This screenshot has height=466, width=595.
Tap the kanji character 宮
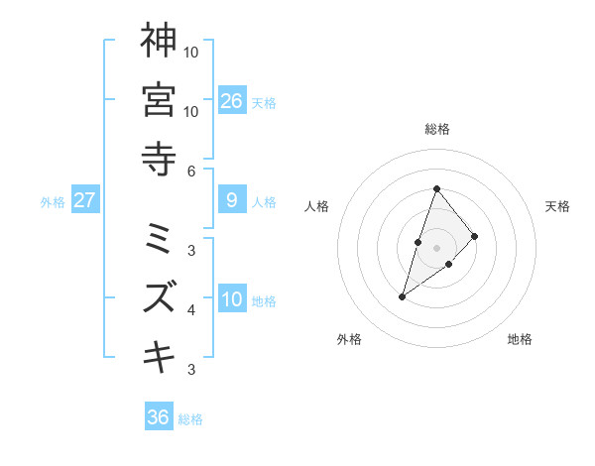click(x=159, y=99)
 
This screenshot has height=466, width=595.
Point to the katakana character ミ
click(x=159, y=238)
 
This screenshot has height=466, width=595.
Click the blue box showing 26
click(x=231, y=101)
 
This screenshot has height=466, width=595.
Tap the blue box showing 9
click(x=231, y=200)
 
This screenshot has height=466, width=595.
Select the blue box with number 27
click(x=85, y=200)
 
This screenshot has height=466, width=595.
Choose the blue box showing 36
click(x=159, y=417)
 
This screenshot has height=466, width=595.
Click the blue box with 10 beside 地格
click(x=231, y=299)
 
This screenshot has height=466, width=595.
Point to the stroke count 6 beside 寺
click(x=190, y=172)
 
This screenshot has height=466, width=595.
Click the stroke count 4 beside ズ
click(x=190, y=310)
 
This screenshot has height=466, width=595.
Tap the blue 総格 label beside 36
click(x=190, y=419)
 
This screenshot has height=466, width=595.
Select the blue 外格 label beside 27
click(x=53, y=202)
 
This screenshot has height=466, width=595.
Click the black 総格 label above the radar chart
click(x=436, y=129)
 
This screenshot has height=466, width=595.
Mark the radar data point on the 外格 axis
click(x=403, y=296)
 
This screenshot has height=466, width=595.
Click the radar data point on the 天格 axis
click(x=475, y=236)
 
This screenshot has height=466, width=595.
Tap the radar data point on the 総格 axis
click(x=436, y=188)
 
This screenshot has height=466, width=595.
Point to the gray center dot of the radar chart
click(x=436, y=247)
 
